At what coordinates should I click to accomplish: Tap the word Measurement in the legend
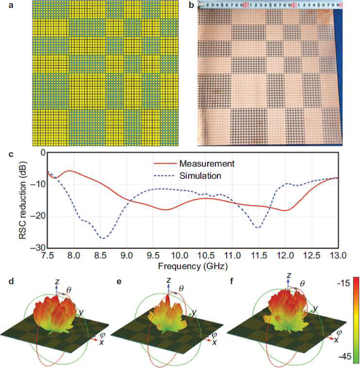(206, 163)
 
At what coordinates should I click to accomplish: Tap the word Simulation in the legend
(201, 175)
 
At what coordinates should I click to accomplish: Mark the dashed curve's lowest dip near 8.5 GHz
(101, 238)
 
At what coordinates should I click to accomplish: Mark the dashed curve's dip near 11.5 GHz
(258, 228)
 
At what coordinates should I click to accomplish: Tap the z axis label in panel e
(169, 280)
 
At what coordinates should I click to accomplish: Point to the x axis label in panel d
(101, 342)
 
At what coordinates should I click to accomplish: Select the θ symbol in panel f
(302, 284)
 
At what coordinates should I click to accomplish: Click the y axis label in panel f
(315, 308)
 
